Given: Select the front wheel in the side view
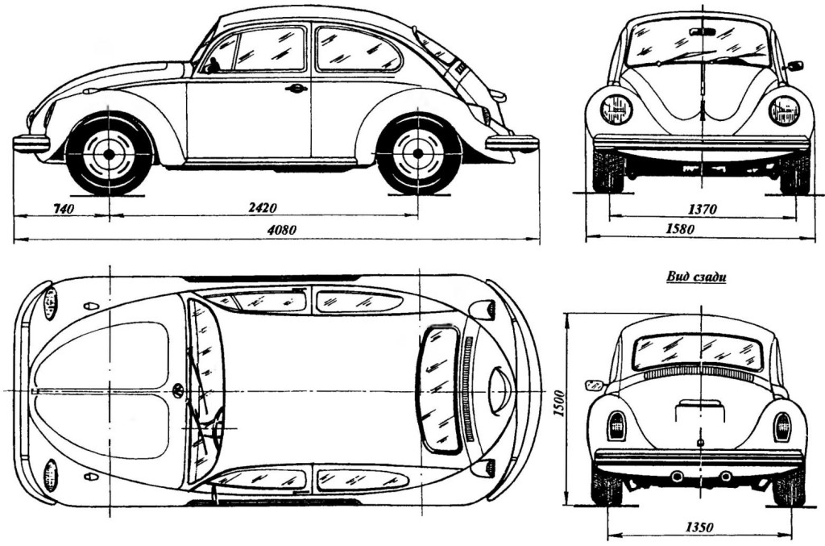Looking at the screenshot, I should tap(109, 153).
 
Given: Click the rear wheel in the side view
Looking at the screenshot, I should tap(418, 153).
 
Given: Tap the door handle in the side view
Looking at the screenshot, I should tap(296, 88).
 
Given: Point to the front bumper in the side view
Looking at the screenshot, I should tap(31, 144).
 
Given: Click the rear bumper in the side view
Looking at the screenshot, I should tap(512, 144).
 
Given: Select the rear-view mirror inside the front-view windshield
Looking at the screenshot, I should tap(703, 31).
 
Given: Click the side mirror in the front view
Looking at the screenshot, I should tap(794, 65).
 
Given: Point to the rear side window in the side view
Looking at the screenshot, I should tap(357, 50).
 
